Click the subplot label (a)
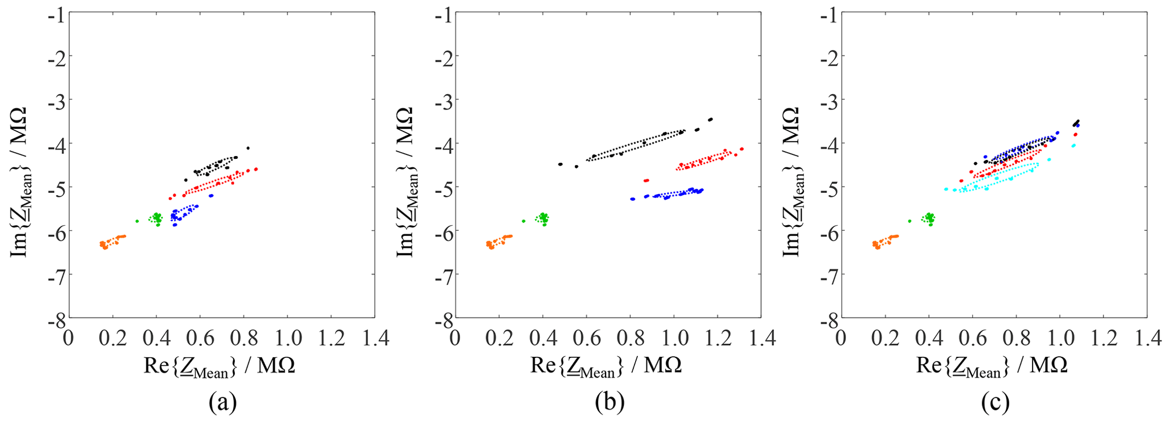(222, 403)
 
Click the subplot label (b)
(610, 403)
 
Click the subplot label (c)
(995, 403)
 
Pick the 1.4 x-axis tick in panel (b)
(762, 338)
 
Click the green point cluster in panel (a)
(156, 218)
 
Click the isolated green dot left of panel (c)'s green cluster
(909, 221)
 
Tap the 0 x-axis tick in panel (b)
(455, 338)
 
